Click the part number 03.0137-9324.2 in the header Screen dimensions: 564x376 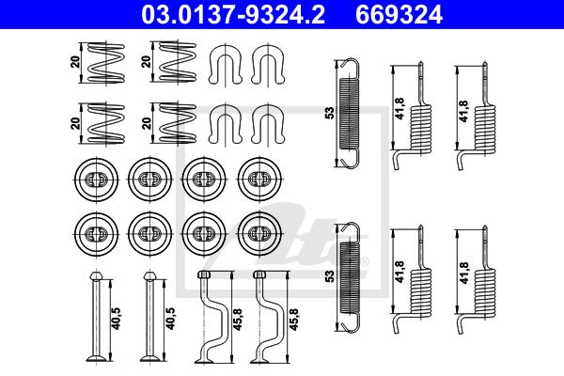(233, 14)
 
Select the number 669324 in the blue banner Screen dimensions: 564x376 (399, 14)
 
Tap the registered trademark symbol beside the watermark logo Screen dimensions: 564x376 (365, 261)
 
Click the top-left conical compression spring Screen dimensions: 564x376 (106, 63)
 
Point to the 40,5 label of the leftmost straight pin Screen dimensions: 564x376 (117, 319)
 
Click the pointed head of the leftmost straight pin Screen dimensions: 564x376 (96, 275)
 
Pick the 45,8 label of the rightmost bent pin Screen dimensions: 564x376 (294, 320)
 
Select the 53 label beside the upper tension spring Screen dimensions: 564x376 (330, 113)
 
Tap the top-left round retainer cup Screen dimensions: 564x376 (97, 179)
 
